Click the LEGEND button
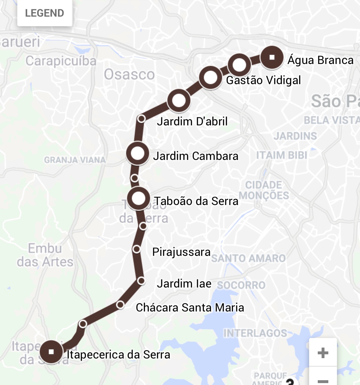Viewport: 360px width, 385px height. click(44, 13)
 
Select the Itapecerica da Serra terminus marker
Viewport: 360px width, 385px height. click(51, 352)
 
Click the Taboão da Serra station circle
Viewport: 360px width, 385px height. click(139, 199)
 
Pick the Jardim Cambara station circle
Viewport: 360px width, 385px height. click(138, 154)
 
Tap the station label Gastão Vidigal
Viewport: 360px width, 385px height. click(263, 80)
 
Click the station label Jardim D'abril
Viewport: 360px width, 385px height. click(192, 122)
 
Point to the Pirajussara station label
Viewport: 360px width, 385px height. click(181, 252)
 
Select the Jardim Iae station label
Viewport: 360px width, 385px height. click(184, 284)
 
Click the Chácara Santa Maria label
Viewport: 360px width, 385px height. click(190, 308)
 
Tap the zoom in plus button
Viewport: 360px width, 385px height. click(323, 353)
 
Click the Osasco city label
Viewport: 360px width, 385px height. click(129, 75)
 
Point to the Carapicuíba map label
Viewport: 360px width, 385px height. click(61, 61)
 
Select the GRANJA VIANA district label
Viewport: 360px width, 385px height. click(75, 160)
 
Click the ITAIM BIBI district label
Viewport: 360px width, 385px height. click(282, 155)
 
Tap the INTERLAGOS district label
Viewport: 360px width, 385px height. click(255, 333)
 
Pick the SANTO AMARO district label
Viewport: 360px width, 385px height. click(248, 258)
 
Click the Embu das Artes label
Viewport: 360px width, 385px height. click(45, 255)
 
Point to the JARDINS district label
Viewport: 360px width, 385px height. click(295, 136)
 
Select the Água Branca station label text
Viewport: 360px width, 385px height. click(320, 60)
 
